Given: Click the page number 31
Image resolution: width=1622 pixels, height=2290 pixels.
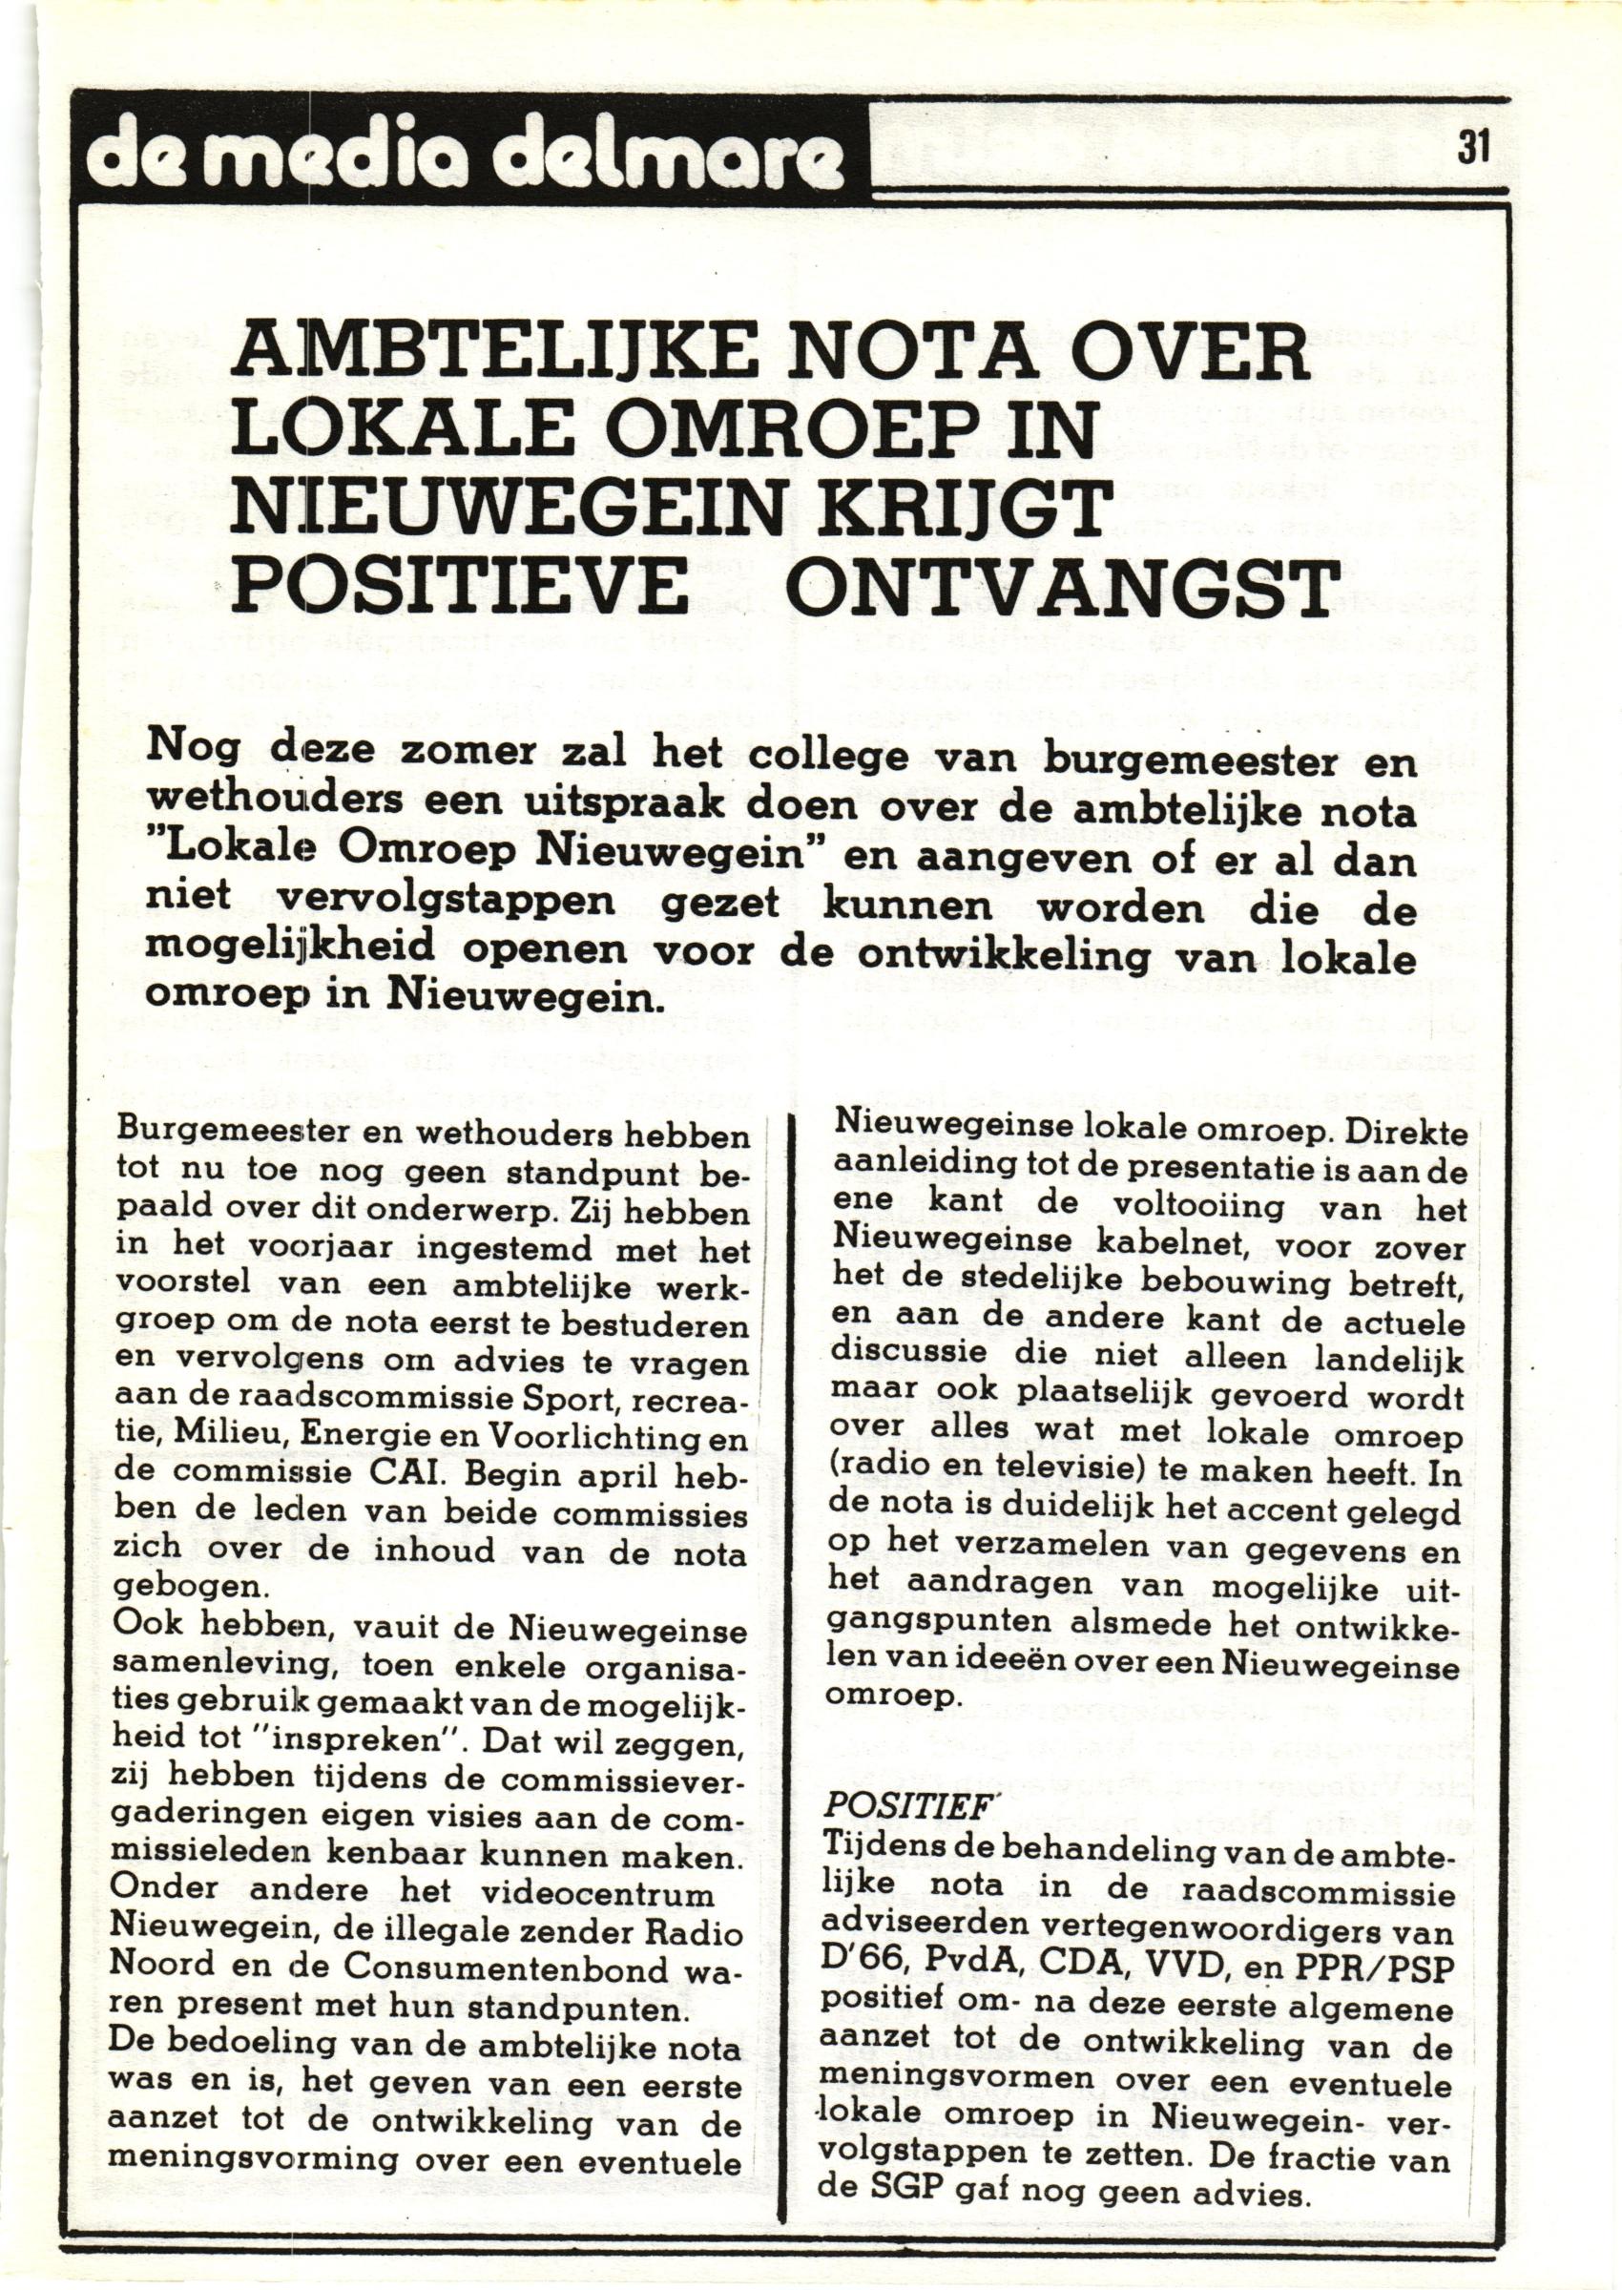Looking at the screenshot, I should click(1472, 148).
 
